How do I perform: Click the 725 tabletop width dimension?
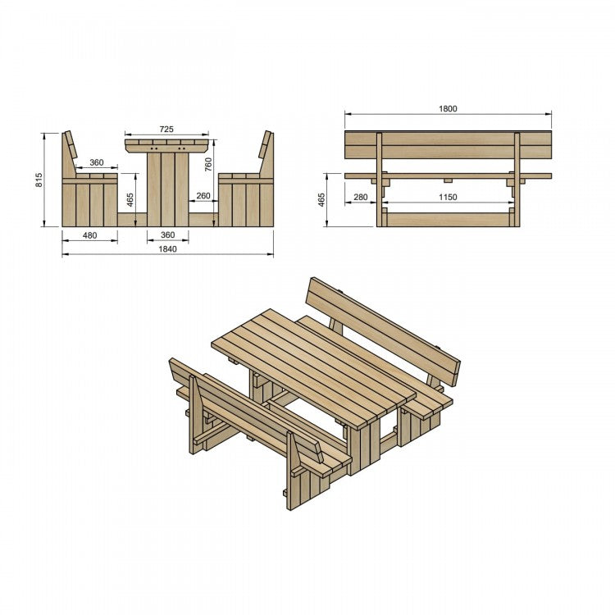point(166,130)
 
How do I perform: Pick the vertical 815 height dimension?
point(39,180)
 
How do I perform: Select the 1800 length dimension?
point(448,108)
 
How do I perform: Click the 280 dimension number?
point(361,197)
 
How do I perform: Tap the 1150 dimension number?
point(447,197)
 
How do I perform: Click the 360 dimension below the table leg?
point(167,235)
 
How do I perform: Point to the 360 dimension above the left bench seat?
point(96,163)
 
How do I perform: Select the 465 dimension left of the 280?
point(321,199)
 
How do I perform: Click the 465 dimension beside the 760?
point(130,199)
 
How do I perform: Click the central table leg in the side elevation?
point(167,189)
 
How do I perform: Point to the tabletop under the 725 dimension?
point(166,145)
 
